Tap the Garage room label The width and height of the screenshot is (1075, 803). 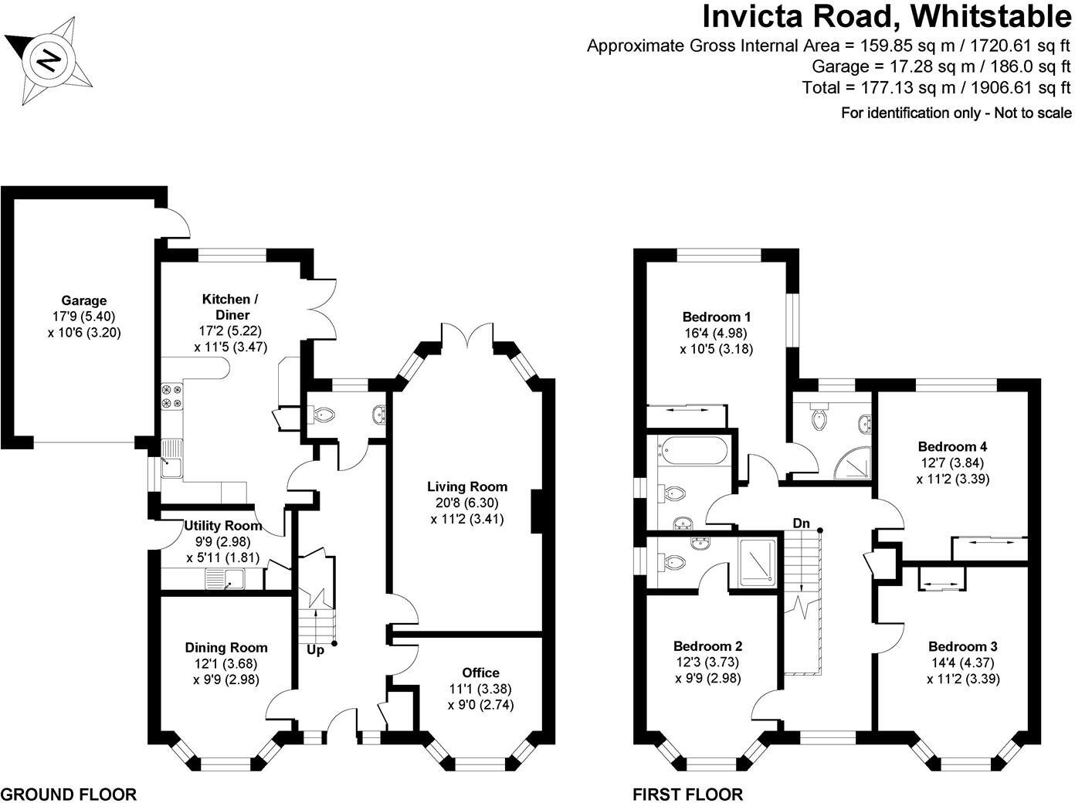(84, 300)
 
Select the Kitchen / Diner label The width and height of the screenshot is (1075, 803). (226, 307)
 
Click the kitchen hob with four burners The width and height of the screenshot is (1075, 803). (171, 396)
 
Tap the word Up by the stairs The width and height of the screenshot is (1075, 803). (315, 650)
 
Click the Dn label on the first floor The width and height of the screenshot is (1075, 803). (801, 523)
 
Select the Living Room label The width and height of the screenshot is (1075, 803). (467, 486)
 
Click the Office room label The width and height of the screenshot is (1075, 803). (480, 673)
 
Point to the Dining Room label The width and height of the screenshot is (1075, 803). (226, 648)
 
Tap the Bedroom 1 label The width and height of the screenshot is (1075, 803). (717, 317)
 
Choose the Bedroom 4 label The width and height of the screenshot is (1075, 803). (952, 446)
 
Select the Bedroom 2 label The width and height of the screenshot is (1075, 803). (708, 646)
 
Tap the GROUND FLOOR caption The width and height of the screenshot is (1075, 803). (68, 794)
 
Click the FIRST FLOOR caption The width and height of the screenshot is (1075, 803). (687, 794)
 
